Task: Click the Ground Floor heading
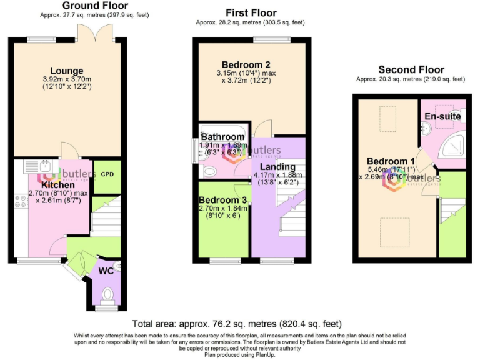click(x=95, y=6)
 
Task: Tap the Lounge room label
click(x=66, y=71)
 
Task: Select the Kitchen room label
click(x=57, y=185)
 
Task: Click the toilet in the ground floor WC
click(x=107, y=293)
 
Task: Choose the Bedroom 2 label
click(x=246, y=64)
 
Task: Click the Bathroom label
click(x=222, y=137)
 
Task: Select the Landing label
click(x=278, y=167)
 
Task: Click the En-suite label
click(x=442, y=116)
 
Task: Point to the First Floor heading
click(x=250, y=13)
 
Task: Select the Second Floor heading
click(x=411, y=70)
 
